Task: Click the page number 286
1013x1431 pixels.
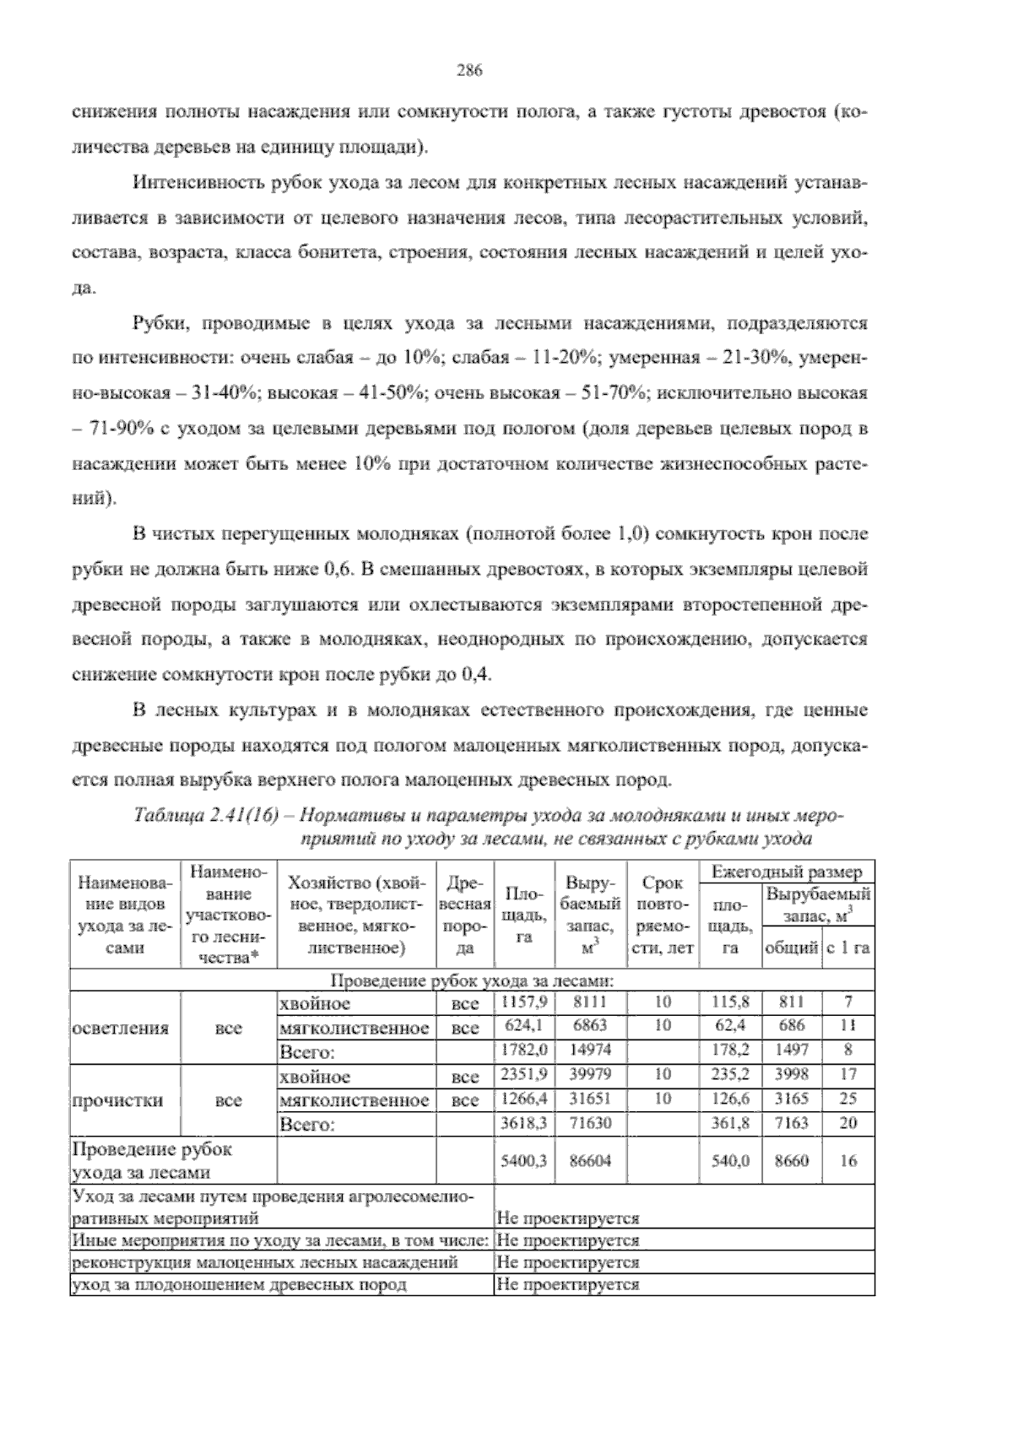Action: point(469,71)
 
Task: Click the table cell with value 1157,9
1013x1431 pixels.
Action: point(523,1002)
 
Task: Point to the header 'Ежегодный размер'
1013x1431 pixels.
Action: point(787,872)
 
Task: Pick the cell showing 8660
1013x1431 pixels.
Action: point(791,1160)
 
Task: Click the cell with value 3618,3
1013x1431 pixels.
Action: point(523,1123)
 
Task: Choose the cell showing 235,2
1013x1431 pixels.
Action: point(731,1075)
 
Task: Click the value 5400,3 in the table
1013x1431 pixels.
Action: point(523,1160)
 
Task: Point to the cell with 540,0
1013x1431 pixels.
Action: point(731,1160)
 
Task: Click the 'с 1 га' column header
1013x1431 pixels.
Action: point(848,948)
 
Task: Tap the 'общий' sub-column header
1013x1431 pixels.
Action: point(791,948)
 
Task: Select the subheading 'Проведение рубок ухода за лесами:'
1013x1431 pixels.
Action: point(472,981)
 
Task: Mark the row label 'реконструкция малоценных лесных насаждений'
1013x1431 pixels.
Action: point(266,1262)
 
